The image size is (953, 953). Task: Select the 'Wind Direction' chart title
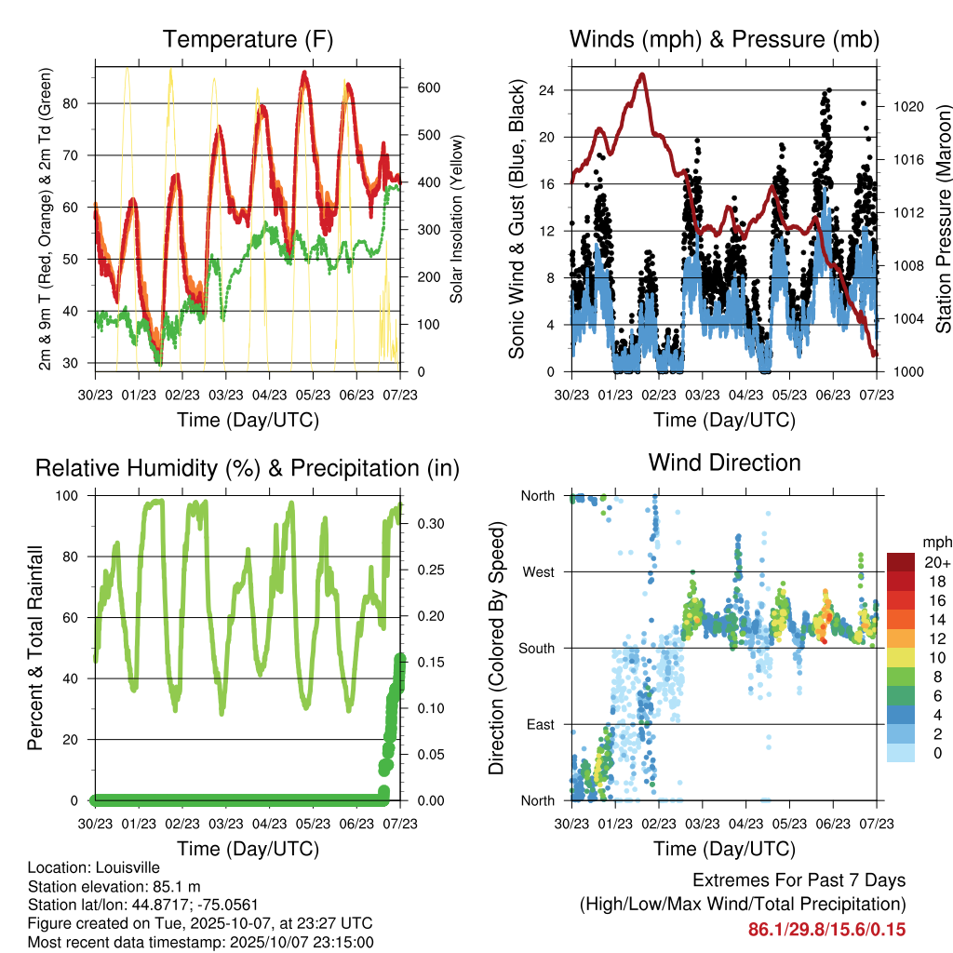(x=724, y=463)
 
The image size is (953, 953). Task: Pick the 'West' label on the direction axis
(x=537, y=572)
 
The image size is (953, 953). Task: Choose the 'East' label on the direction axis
(x=539, y=724)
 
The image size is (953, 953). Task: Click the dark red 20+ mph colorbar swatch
(x=900, y=562)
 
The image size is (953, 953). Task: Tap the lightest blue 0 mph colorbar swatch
(x=900, y=752)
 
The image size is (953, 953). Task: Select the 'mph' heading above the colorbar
(x=934, y=542)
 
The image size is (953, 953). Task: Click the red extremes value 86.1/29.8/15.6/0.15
(x=826, y=930)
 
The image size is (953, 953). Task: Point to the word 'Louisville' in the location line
(x=125, y=868)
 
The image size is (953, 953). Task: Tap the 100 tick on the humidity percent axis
(x=76, y=495)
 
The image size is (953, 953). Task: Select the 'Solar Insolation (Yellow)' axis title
(x=457, y=220)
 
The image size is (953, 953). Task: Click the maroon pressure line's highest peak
(x=641, y=74)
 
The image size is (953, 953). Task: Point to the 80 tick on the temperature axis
(x=77, y=103)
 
